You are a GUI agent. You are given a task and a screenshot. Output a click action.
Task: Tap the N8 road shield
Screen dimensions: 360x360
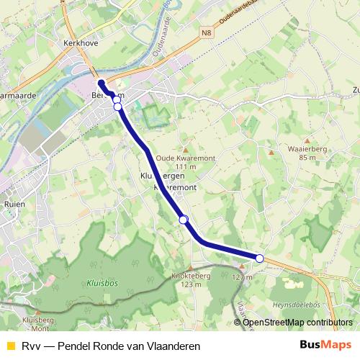[208, 32]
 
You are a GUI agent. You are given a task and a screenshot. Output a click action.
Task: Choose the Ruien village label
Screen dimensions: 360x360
[14, 204]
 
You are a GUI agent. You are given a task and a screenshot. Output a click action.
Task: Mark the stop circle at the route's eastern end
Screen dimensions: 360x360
[260, 258]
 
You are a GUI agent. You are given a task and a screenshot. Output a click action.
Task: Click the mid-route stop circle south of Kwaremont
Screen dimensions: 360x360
[184, 220]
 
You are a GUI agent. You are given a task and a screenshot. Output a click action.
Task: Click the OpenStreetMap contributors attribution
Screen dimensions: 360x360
[298, 323]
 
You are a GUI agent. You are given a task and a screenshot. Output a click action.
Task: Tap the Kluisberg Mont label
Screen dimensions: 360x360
[38, 323]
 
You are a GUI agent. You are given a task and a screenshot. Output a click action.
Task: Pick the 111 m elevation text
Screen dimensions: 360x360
[186, 168]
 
